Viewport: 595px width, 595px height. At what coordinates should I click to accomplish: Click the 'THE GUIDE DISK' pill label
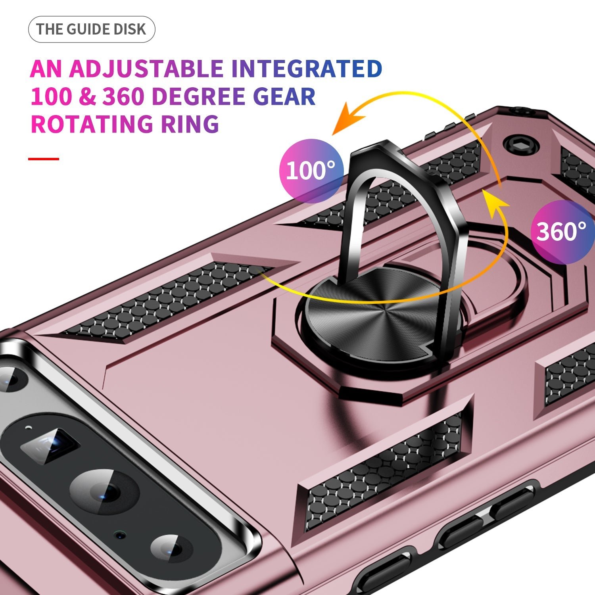[91, 29]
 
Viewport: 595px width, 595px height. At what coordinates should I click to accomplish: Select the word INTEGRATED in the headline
[307, 69]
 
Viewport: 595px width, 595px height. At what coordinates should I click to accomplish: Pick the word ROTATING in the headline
[92, 124]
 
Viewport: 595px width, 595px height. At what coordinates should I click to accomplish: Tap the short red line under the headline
[44, 159]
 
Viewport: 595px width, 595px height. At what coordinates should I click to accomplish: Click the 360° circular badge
[561, 232]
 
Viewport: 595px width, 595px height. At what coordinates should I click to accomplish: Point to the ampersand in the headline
[88, 96]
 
